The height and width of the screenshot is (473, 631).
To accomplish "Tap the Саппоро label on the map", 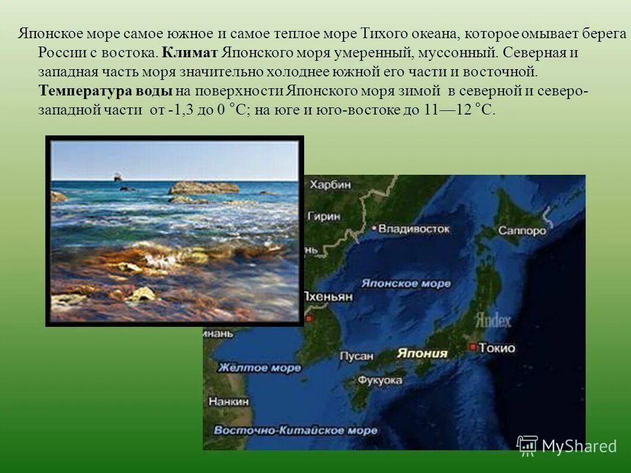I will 522,231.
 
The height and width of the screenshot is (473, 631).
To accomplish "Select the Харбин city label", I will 330,184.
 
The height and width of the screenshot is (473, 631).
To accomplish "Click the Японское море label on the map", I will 407,283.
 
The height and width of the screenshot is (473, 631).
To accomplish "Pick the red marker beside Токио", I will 472,347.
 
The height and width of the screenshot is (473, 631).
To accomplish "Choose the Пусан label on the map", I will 356,356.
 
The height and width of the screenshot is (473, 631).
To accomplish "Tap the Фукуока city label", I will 381,380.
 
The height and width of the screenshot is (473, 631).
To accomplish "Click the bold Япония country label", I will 422,353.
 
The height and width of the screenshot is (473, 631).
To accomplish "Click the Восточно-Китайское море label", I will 295,430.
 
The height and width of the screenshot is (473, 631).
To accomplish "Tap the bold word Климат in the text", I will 190,52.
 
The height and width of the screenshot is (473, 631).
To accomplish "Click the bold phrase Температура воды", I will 106,91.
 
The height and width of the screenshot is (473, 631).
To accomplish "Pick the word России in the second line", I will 58,52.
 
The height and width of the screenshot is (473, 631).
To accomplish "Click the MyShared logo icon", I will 527,446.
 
